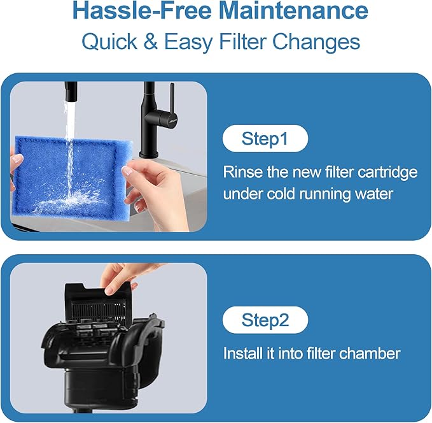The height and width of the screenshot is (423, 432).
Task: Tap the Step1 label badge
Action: pyautogui.click(x=265, y=139)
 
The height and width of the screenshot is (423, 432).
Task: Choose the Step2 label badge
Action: pyautogui.click(x=265, y=320)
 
